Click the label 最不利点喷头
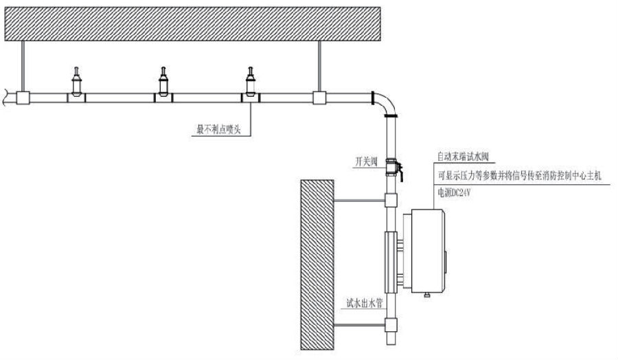coord(219,128)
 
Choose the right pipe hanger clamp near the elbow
coord(318,98)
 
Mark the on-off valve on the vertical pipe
coord(392,167)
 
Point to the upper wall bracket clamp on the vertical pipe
coord(391,201)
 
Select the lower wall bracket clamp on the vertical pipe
coord(391,325)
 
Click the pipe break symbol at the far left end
coord(6,98)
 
